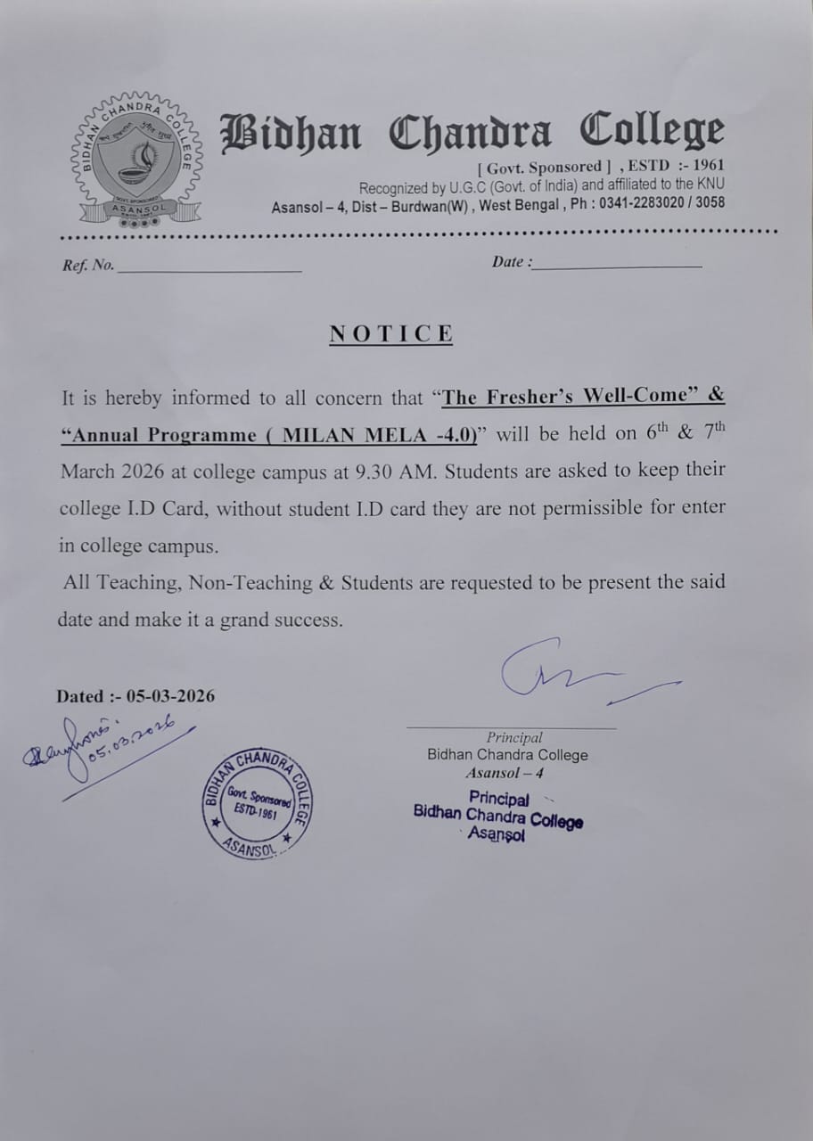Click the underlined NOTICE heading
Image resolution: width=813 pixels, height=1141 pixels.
point(391,334)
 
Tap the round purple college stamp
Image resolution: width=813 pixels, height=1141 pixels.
point(256,802)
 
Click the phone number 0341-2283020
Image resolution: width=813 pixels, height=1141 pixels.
point(645,203)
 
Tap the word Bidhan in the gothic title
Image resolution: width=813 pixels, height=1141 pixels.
point(292,133)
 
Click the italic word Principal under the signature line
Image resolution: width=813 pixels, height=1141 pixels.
point(514,737)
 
